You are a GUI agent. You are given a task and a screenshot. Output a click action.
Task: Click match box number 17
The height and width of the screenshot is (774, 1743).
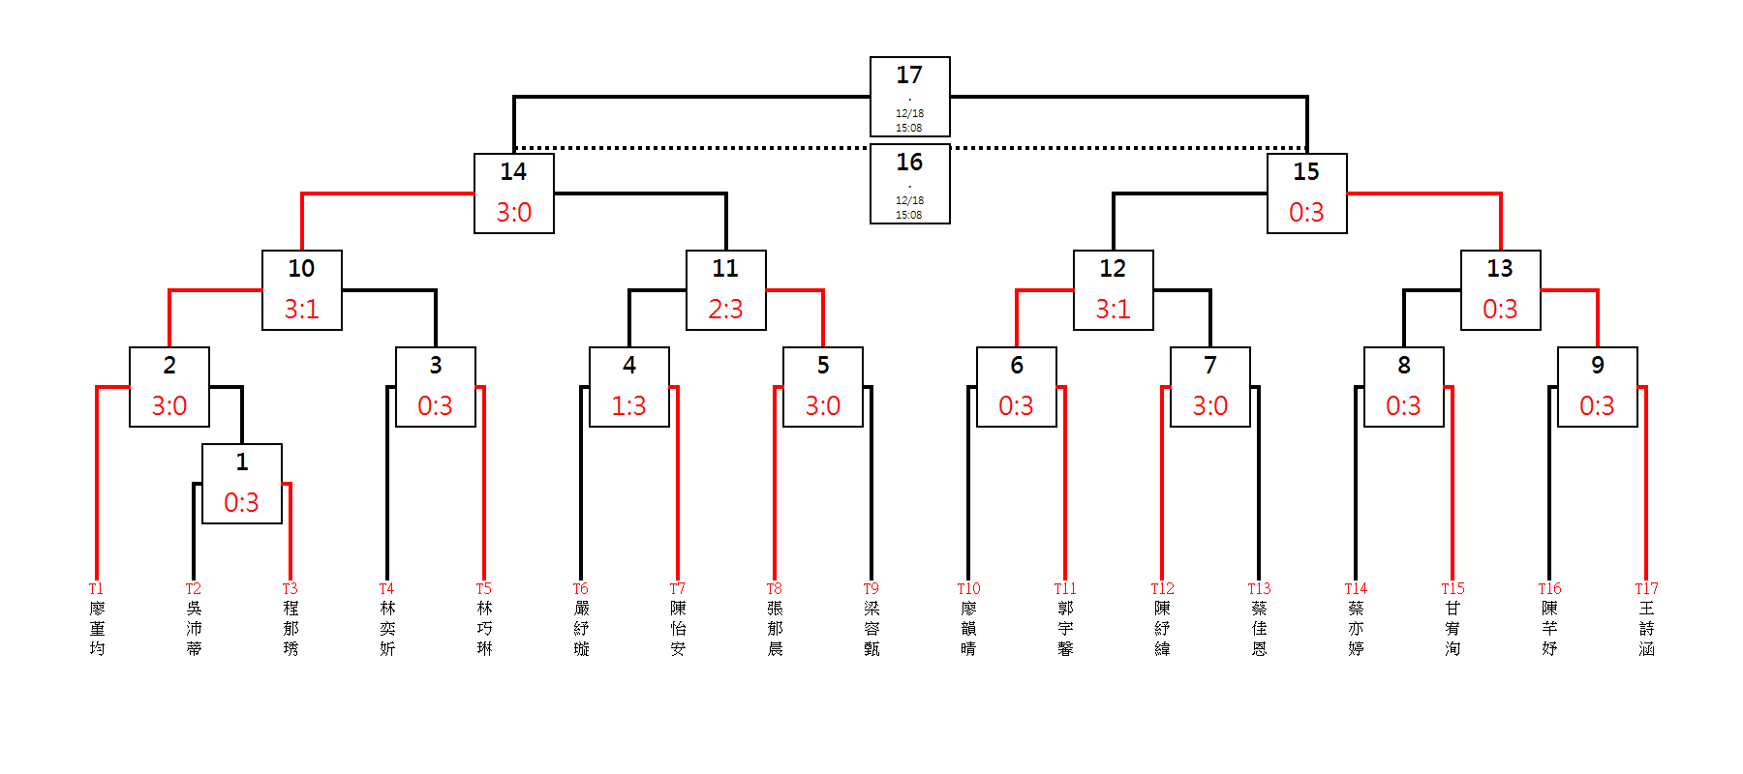click(909, 96)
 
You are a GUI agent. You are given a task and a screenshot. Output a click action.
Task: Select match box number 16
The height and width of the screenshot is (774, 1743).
click(909, 183)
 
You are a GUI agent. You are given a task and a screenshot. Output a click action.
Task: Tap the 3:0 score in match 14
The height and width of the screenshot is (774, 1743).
click(514, 212)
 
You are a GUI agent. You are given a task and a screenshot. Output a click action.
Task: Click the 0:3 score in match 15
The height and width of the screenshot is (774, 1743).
click(1306, 212)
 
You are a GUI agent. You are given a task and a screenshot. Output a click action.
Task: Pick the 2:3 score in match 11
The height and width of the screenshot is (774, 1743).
click(725, 309)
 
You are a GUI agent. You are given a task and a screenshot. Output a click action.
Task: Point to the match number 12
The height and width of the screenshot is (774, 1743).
click(1113, 268)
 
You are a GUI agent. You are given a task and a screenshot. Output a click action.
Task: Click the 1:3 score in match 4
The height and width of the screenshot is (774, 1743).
click(628, 405)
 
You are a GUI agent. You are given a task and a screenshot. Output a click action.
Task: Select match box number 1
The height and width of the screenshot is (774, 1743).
click(242, 483)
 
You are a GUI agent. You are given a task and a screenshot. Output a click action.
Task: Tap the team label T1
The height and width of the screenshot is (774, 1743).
click(96, 588)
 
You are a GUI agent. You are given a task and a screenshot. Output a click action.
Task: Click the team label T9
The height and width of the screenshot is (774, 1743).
click(871, 588)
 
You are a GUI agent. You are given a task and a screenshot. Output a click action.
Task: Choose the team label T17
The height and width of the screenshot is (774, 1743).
click(1646, 588)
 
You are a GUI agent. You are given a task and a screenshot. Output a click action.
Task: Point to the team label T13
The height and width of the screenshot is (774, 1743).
click(1259, 588)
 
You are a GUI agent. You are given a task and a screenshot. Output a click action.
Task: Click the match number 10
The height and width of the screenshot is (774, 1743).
click(301, 268)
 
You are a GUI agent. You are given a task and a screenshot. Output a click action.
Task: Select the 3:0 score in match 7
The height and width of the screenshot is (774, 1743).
click(1209, 405)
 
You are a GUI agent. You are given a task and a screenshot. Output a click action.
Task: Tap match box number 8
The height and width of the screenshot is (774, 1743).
click(1403, 386)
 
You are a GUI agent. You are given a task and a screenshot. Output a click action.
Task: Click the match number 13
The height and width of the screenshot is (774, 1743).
click(1500, 268)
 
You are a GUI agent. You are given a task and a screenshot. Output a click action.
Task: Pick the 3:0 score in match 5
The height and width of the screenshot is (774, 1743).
click(822, 405)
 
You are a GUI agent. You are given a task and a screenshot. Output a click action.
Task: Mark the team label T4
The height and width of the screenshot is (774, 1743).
click(386, 588)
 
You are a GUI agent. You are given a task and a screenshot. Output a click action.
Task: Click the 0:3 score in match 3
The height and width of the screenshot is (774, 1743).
click(435, 405)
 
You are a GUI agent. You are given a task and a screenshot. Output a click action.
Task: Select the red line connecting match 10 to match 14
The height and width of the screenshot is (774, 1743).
click(387, 193)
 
